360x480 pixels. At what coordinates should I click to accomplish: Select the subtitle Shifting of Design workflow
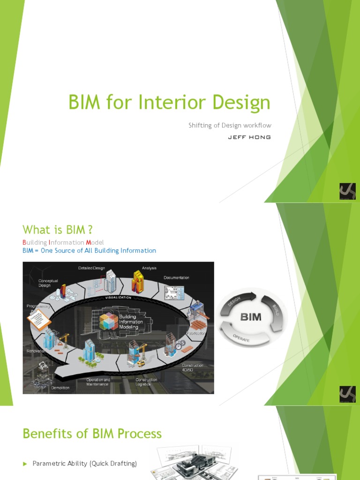click(x=230, y=125)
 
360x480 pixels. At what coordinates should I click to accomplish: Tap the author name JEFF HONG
click(x=249, y=137)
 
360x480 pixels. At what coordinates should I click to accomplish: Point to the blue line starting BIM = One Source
click(x=89, y=251)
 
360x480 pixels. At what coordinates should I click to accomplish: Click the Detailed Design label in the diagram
click(x=91, y=268)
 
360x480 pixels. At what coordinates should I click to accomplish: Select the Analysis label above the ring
click(x=149, y=268)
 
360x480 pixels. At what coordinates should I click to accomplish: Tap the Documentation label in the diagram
click(x=176, y=277)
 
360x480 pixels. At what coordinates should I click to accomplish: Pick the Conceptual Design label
click(x=48, y=283)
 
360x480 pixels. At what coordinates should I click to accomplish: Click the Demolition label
click(x=60, y=388)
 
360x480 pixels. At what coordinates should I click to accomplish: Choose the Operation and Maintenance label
click(x=98, y=382)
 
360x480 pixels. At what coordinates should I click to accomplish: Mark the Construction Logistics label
click(x=146, y=382)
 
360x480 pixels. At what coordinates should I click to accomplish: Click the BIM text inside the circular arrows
click(x=251, y=317)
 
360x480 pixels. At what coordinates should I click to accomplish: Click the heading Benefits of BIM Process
click(x=92, y=433)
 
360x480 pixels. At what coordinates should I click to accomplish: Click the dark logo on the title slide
click(x=347, y=191)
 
